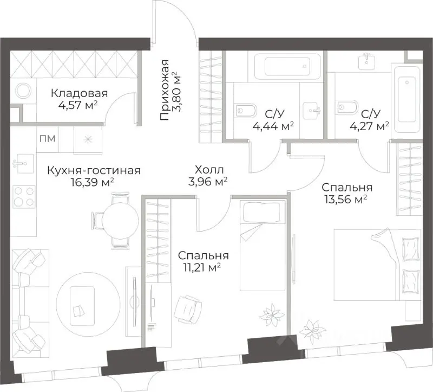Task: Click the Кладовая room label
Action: (79, 93)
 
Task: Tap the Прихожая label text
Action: (165, 90)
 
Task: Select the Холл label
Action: (209, 170)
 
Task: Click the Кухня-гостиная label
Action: (94, 170)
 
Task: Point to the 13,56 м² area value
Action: (346, 199)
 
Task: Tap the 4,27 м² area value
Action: (370, 126)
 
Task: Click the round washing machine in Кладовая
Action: (23, 91)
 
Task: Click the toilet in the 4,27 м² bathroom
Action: (347, 107)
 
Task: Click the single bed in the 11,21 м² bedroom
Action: (263, 246)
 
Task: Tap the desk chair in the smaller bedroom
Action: (188, 310)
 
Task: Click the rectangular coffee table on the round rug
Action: (82, 306)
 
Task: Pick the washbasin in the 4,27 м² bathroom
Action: (366, 62)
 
